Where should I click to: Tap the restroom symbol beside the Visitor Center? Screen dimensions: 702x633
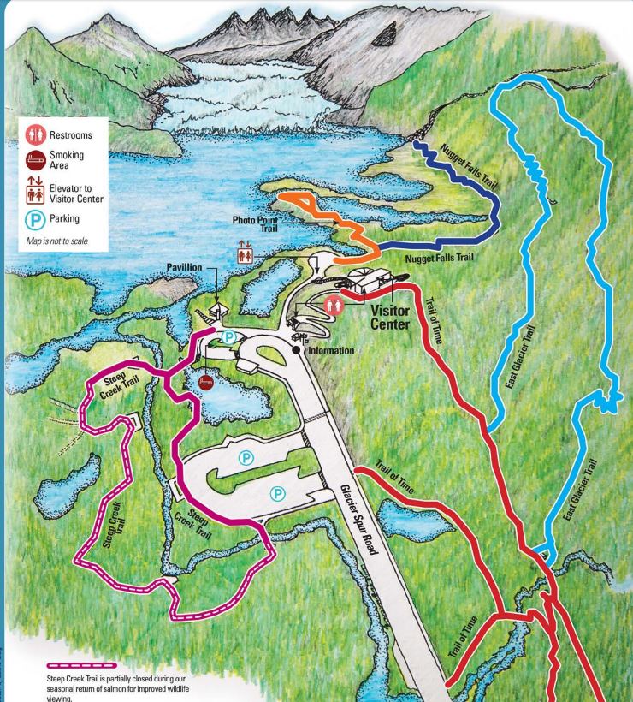click(334, 301)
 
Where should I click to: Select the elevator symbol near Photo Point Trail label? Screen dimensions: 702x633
click(246, 253)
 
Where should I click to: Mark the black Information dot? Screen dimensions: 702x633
click(298, 349)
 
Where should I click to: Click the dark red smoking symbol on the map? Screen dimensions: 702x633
click(206, 380)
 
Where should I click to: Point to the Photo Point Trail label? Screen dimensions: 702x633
click(256, 225)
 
